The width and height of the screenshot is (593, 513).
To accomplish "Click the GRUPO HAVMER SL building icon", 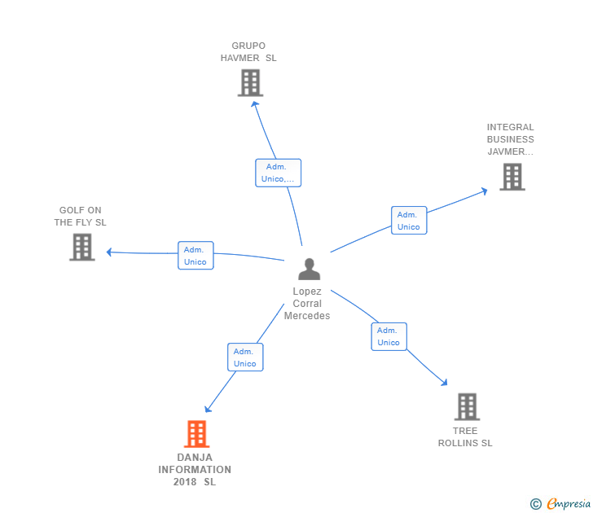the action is (250, 83).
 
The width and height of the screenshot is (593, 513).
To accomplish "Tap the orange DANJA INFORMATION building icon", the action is (196, 434).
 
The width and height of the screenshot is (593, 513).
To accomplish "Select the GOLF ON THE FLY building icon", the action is (82, 248).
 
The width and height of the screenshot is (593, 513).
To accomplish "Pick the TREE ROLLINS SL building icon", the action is (467, 407).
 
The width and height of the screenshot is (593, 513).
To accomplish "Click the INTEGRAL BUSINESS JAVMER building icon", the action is (512, 177).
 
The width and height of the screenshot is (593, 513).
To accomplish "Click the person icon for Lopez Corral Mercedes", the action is (310, 270).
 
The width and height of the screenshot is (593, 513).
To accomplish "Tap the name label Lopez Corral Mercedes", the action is (307, 304).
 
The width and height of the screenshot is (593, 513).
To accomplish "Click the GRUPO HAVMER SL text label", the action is (248, 52).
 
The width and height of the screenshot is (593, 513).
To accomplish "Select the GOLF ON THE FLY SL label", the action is (80, 217).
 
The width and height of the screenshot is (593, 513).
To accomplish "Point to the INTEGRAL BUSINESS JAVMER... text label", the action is (510, 139).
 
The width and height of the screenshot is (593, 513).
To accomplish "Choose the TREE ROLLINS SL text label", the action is (465, 437).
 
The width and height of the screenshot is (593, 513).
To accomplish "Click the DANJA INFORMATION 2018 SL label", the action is (195, 470).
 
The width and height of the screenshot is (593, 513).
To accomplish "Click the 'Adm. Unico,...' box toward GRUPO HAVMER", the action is (279, 173).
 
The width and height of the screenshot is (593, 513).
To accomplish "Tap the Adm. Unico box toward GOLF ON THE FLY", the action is (195, 256).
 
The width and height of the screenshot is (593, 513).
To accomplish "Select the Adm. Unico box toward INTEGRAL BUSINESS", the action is (409, 221).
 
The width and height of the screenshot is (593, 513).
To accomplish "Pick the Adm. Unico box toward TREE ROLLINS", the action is (389, 336).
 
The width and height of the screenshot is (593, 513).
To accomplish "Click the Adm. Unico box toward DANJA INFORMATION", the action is (245, 357).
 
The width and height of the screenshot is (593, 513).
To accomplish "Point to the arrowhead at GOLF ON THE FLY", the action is (109, 252).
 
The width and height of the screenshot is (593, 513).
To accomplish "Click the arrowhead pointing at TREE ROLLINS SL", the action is (445, 382).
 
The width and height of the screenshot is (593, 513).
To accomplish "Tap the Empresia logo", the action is (560, 504).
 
